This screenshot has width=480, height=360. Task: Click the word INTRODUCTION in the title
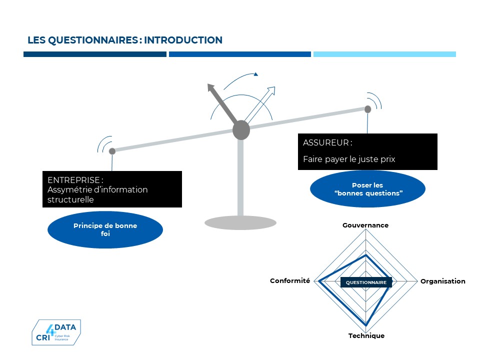coord(183,40)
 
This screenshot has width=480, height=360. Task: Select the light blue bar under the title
coord(384,54)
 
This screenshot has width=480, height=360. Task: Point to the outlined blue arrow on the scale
coord(260,105)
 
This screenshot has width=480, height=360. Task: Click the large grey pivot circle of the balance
coord(241,130)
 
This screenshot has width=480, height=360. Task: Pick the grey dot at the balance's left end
coord(112,151)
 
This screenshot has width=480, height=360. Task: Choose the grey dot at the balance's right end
coord(367,109)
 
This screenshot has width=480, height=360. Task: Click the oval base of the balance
coord(240,222)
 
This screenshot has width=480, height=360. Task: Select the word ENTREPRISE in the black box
coord(74,180)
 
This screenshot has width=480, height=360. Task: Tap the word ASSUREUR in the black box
coord(326,142)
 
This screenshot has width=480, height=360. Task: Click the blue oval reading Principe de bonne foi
coord(105,229)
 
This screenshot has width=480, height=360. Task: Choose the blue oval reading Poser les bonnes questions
coord(367,189)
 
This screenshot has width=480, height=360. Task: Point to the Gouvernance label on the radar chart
coord(365,225)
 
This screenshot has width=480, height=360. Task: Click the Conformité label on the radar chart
coord(290,280)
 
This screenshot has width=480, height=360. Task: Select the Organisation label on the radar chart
coord(443,281)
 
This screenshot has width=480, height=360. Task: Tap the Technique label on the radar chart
coord(366,335)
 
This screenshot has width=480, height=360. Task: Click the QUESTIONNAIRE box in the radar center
coord(366,282)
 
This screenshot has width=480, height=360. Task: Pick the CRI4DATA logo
coord(56,332)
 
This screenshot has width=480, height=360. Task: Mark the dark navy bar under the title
coord(95,54)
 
